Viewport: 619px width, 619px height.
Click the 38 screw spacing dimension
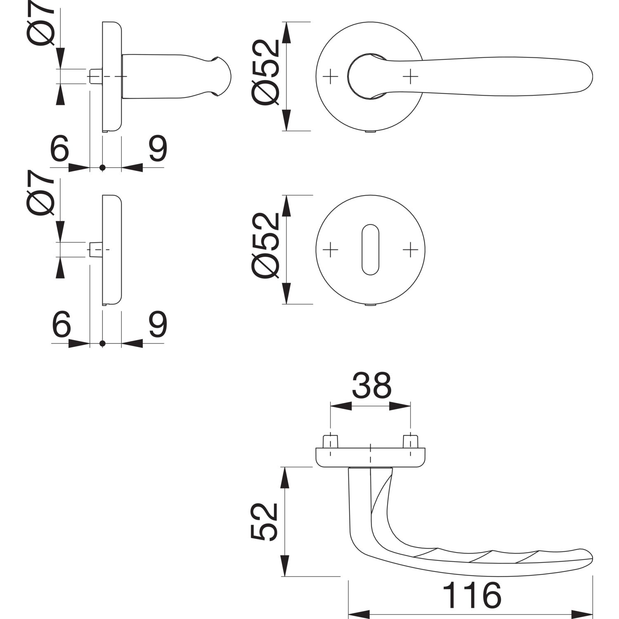pyautogui.click(x=371, y=385)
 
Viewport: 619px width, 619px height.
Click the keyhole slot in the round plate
pyautogui.click(x=370, y=249)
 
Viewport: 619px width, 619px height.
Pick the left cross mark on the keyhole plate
pyautogui.click(x=330, y=249)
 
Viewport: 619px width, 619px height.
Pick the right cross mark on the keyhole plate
pyautogui.click(x=410, y=249)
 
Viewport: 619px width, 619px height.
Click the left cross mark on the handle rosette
pyautogui.click(x=330, y=76)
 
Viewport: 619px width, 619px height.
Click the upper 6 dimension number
pyautogui.click(x=59, y=149)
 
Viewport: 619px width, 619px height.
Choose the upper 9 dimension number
pyautogui.click(x=157, y=149)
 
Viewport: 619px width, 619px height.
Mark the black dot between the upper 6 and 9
pyautogui.click(x=103, y=168)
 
